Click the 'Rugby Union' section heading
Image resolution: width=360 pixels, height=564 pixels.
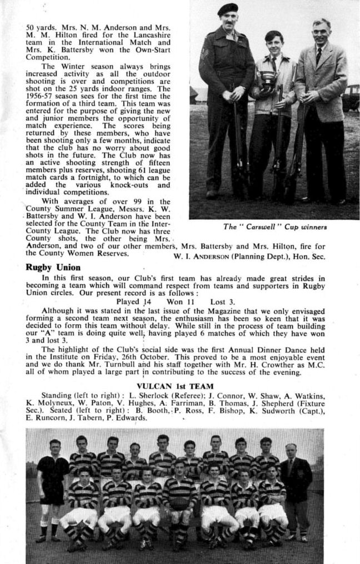(x=53, y=267)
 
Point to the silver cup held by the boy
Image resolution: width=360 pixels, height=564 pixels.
(x=268, y=80)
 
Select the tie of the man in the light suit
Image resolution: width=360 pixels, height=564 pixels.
(x=318, y=55)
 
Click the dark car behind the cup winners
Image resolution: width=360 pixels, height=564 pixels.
(x=351, y=98)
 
